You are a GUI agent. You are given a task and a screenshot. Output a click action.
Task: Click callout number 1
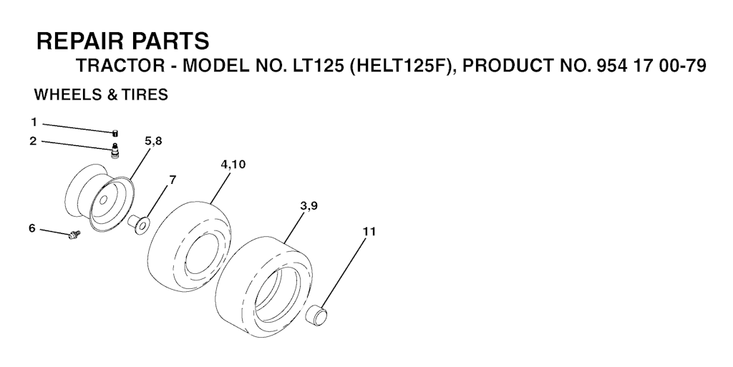34,122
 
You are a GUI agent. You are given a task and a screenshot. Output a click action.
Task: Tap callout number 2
33,140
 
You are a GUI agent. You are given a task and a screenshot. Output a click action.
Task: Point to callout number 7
173,180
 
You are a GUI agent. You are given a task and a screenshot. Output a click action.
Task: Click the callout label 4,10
233,165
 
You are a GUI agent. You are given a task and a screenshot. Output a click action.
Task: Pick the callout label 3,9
309,206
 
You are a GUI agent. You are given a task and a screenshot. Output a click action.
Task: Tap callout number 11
369,232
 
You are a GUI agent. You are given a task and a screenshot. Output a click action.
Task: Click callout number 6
31,228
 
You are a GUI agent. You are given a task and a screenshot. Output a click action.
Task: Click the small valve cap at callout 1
115,134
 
